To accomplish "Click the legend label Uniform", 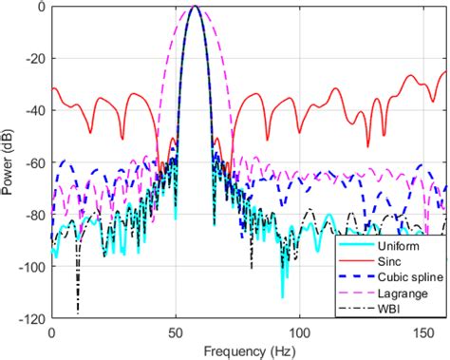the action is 399,246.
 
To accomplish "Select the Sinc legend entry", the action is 389,261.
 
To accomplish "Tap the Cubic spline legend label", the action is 410,277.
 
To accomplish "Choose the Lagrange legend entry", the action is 403,294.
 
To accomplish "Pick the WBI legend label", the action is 388,309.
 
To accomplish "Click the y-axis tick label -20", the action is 36,58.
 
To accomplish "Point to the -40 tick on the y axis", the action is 36,110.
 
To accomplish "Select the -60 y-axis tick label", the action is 36,162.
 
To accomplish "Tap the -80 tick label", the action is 36,215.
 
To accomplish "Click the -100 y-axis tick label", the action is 33,267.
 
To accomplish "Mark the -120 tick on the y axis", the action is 33,318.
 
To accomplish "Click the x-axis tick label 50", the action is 176,332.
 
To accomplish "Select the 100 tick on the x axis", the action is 299,332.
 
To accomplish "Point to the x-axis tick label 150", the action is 423,332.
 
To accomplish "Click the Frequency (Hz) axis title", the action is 250,351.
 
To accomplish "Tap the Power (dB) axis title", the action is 7,161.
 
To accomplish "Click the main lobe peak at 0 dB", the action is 196,6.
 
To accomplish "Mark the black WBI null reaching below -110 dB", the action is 78,312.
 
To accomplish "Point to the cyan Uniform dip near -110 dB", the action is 283,296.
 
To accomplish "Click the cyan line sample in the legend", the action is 356,245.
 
